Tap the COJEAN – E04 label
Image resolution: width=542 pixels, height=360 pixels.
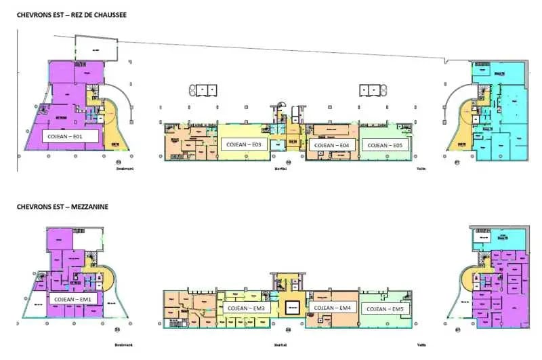(331, 145)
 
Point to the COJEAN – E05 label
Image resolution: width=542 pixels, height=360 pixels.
(383, 145)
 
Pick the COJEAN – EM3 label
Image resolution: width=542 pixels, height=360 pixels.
(247, 308)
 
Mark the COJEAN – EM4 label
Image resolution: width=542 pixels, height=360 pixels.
(332, 308)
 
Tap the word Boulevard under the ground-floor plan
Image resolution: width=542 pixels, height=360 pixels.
(124, 169)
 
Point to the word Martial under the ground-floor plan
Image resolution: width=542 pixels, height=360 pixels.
(280, 169)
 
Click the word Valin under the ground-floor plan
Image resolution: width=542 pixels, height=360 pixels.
(421, 169)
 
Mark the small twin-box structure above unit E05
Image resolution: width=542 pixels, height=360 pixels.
(371, 89)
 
